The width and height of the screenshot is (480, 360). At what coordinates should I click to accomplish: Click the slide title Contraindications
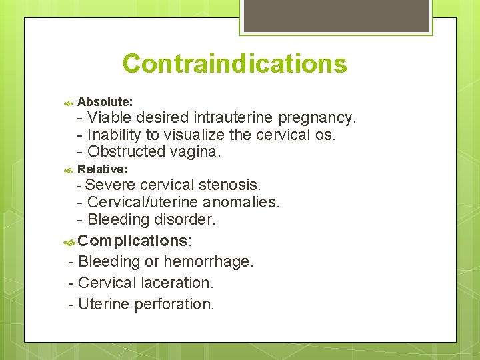point(235,64)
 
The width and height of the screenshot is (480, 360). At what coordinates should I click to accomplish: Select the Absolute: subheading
point(105,102)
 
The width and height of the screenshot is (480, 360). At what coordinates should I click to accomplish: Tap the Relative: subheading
point(103,170)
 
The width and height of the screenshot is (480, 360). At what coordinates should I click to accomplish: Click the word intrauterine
point(233,118)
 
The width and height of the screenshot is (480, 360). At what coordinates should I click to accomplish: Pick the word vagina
point(197,152)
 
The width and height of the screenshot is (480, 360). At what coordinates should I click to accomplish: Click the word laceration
point(177,283)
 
